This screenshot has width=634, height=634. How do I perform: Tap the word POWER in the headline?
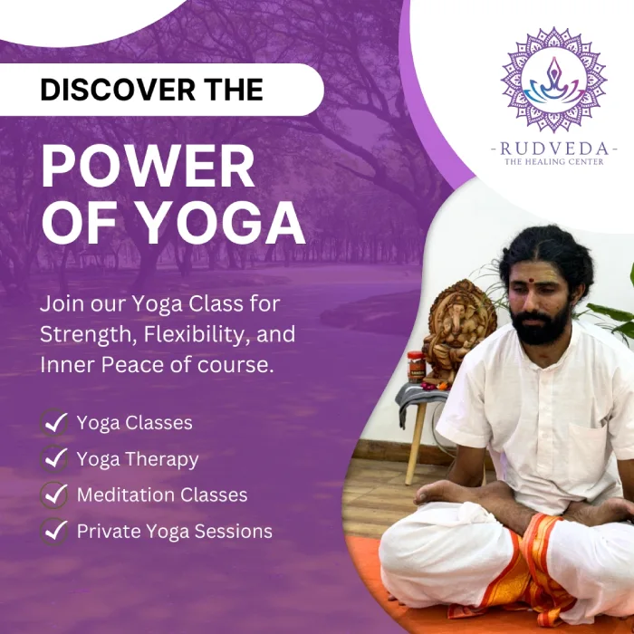coord(148,168)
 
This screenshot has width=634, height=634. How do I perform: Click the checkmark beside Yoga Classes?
coord(54,422)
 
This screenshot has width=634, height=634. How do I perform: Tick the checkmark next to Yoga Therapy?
coord(54,458)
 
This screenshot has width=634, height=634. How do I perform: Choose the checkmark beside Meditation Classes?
coord(54,495)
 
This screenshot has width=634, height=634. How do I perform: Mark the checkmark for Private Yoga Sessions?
coord(54,531)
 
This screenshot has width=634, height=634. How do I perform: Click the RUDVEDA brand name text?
coord(553,148)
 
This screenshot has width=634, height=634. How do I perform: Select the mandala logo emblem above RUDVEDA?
coord(553,80)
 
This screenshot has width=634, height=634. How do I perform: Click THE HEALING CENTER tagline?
coord(553,162)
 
